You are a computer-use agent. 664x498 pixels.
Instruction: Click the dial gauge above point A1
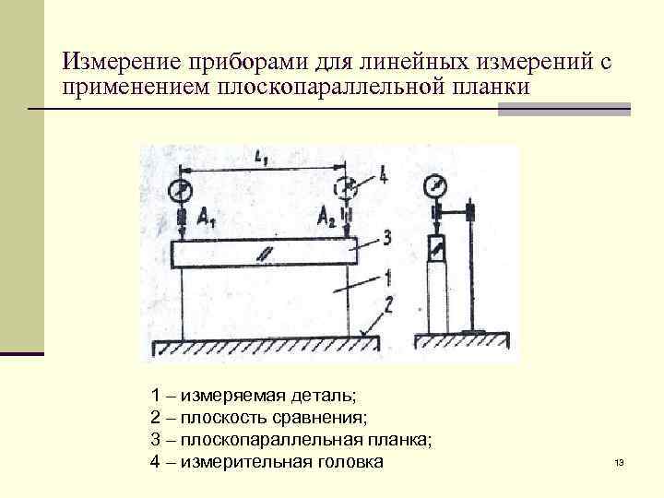(181, 191)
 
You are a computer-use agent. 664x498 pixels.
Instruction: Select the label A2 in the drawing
(327, 218)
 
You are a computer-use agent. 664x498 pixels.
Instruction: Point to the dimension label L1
(261, 159)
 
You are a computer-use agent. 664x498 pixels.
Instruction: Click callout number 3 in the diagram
(386, 238)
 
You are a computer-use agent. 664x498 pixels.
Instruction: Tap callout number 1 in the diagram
(388, 275)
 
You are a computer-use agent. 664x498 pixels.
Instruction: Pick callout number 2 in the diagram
(390, 305)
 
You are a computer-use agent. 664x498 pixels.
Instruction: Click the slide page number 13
(619, 462)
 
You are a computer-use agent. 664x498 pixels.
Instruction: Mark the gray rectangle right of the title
(563, 109)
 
